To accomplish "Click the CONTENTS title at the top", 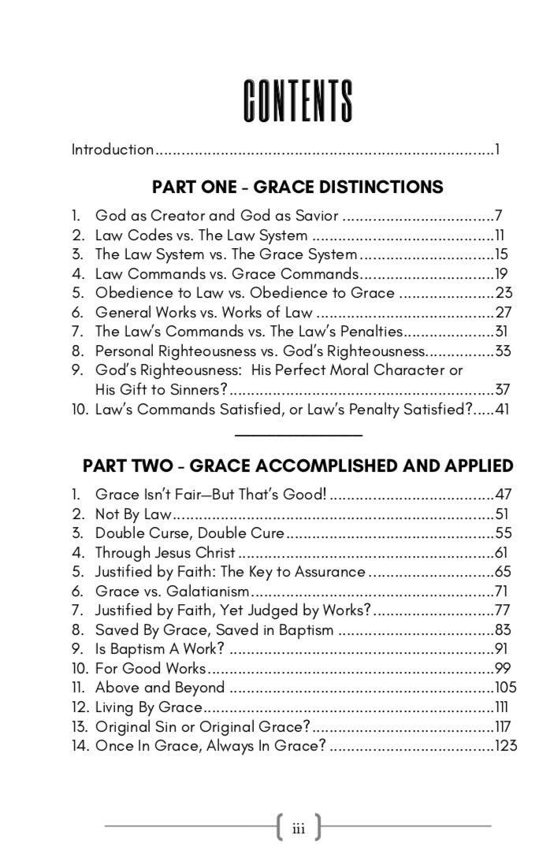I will (297, 102).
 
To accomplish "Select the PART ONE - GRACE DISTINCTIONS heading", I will (297, 187).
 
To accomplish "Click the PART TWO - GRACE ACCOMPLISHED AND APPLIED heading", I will (298, 466).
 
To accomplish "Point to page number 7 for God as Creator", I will (499, 215).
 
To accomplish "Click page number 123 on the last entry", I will (505, 745).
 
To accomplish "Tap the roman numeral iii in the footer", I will (299, 828).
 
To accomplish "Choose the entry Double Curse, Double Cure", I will (190, 532).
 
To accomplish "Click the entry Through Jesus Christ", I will (166, 552).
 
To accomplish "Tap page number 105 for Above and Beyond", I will (505, 687).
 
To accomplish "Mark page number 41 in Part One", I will (503, 409).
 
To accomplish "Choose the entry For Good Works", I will (150, 668).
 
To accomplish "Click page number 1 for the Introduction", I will (498, 149).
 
